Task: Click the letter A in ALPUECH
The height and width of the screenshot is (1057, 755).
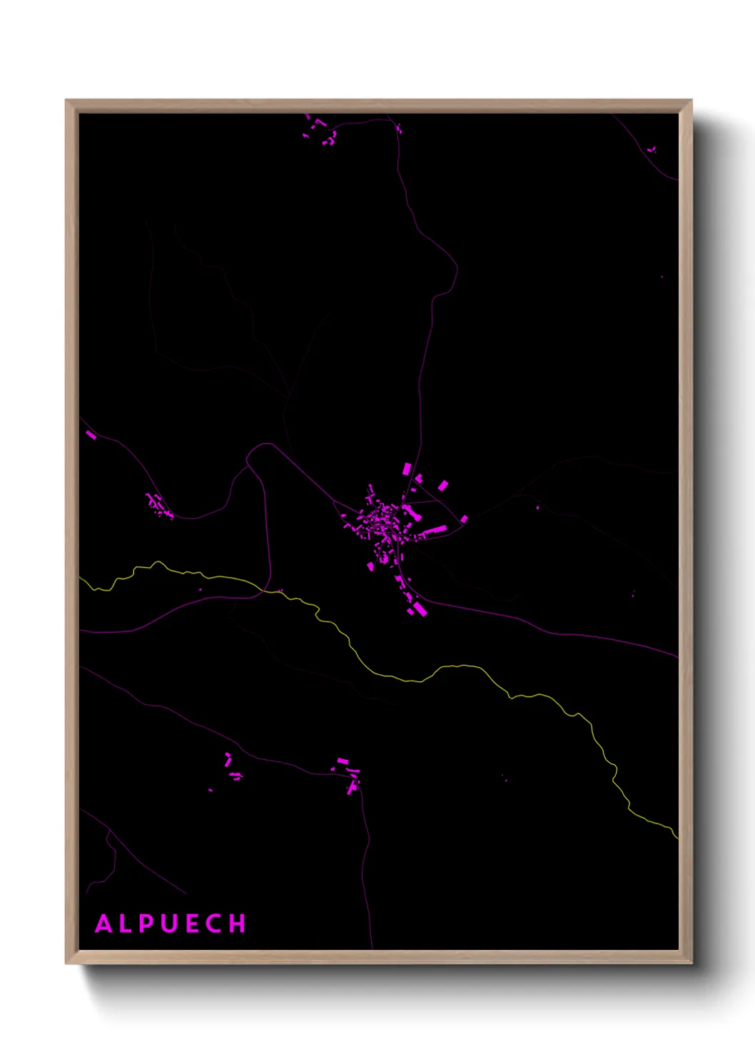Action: pos(104,923)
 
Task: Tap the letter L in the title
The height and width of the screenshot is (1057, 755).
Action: pos(126,923)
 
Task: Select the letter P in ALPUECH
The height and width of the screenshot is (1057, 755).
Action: pos(147,923)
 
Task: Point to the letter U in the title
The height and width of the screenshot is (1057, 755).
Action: pos(170,923)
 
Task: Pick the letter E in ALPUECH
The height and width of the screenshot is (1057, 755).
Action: pos(193,923)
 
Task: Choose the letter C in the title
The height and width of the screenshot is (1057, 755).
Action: pos(215,923)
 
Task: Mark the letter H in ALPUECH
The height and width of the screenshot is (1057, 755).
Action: pos(238,923)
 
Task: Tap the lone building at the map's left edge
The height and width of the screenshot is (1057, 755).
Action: pos(91,434)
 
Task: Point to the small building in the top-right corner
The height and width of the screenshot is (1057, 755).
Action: pos(651,150)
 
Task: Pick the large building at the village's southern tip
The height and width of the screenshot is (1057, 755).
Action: pos(419,608)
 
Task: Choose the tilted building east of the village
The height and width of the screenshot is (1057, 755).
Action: pos(443,486)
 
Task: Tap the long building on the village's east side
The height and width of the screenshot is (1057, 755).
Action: pos(433,531)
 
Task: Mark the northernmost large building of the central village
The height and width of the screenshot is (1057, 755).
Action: pos(407,469)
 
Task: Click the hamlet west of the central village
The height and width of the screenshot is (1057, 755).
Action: pos(158,506)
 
